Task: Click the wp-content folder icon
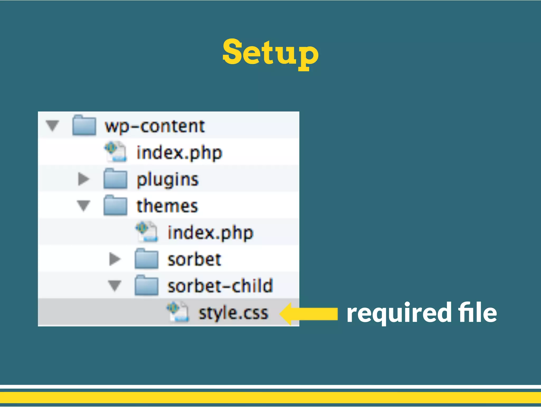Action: pyautogui.click(x=84, y=125)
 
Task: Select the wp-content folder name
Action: pyautogui.click(x=155, y=126)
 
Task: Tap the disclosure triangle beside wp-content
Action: pyautogui.click(x=52, y=125)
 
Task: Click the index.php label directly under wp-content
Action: pyautogui.click(x=179, y=153)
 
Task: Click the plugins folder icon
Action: pyautogui.click(x=115, y=179)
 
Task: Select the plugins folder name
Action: pyautogui.click(x=167, y=180)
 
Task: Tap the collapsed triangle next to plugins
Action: pyautogui.click(x=83, y=179)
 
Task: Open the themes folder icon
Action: pyautogui.click(x=115, y=206)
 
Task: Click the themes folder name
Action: pyautogui.click(x=167, y=206)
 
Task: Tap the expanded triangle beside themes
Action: pyautogui.click(x=83, y=206)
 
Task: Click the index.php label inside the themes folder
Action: pyautogui.click(x=211, y=233)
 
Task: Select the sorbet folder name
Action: pyautogui.click(x=194, y=259)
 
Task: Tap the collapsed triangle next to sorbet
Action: pyautogui.click(x=115, y=259)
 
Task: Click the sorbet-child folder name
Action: pyautogui.click(x=220, y=286)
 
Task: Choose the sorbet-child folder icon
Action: pyautogui.click(x=146, y=286)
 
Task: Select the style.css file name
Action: pyautogui.click(x=234, y=313)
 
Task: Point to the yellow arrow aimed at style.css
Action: pyautogui.click(x=309, y=314)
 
